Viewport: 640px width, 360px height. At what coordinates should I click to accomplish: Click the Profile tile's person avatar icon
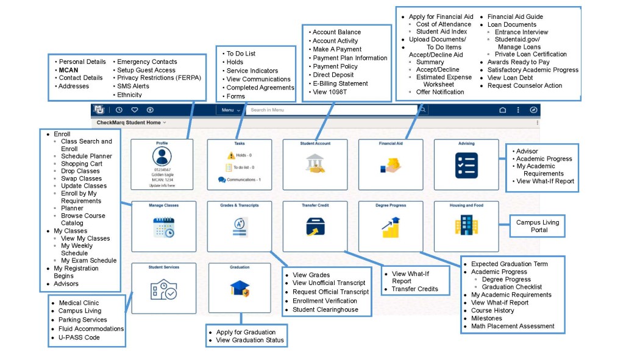pos(162,157)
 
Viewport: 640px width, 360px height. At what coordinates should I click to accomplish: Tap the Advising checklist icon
pos(466,165)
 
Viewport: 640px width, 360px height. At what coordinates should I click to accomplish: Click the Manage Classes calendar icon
pos(163,227)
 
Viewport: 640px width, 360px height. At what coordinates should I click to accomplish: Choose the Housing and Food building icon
pos(466,226)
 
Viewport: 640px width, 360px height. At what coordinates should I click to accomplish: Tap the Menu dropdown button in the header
pos(230,110)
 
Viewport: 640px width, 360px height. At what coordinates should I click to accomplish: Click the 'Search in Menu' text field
pos(329,110)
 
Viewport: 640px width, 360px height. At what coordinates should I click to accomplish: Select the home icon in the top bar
pos(503,110)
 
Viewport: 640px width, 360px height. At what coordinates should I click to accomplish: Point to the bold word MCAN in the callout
pos(68,70)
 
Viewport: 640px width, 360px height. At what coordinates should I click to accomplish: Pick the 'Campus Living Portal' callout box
pos(537,226)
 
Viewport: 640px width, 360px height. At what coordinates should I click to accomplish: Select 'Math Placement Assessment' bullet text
pos(513,326)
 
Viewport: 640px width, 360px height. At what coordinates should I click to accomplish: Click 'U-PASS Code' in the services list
pos(79,337)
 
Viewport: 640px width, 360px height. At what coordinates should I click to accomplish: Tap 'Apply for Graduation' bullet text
pos(246,332)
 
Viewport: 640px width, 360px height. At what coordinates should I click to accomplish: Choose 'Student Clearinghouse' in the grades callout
pos(325,309)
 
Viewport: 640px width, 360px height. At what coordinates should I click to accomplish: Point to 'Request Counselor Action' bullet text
pos(525,86)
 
